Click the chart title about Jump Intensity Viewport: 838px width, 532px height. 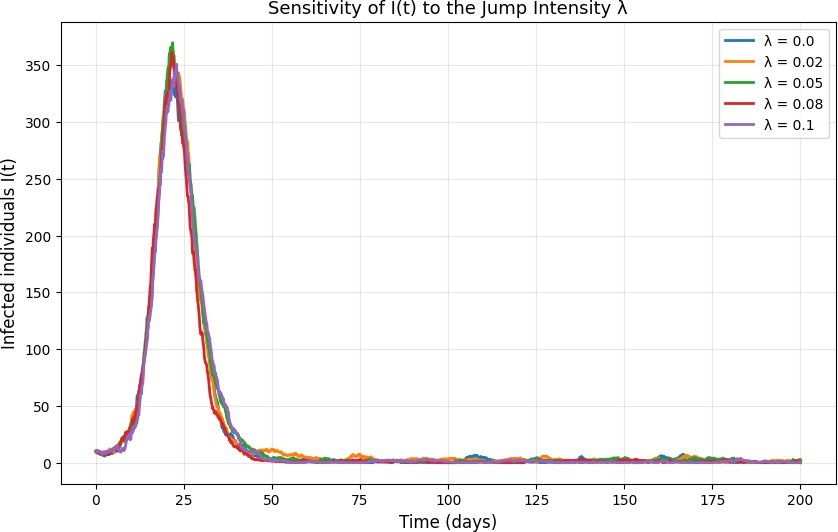pos(447,9)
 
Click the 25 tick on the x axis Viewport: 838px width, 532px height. pos(184,500)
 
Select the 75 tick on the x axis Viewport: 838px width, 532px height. pos(360,500)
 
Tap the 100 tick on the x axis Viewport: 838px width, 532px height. pos(448,500)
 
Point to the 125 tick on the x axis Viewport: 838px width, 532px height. pos(536,500)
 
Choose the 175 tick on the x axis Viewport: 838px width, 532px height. pos(712,500)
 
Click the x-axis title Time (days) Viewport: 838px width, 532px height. pos(448,521)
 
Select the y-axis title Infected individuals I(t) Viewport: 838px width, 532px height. pos(9,254)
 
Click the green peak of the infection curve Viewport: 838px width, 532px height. pos(172,43)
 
